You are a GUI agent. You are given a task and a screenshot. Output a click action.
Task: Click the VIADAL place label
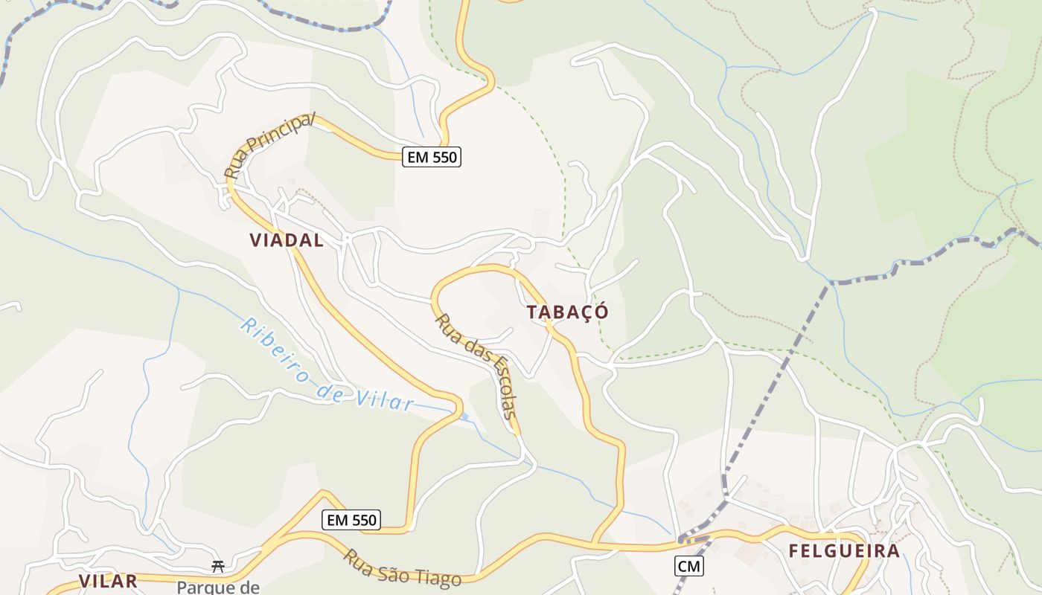click(287, 240)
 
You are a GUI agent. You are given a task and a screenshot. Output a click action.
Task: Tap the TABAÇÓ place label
click(568, 312)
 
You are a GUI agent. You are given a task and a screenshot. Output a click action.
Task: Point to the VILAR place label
click(108, 581)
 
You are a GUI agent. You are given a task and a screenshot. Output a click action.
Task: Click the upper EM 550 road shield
click(432, 157)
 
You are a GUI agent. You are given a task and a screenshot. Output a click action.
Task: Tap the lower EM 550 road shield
click(351, 520)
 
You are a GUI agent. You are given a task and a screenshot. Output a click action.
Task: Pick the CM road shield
click(689, 566)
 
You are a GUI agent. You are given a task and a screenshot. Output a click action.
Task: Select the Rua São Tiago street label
click(402, 567)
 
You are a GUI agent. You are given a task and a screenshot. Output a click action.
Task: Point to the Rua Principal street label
click(270, 146)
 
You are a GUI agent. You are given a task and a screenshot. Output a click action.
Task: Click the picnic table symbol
click(218, 567)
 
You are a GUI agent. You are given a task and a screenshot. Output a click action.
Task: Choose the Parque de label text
click(217, 588)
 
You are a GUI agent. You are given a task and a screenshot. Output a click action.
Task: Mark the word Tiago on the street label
click(439, 576)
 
